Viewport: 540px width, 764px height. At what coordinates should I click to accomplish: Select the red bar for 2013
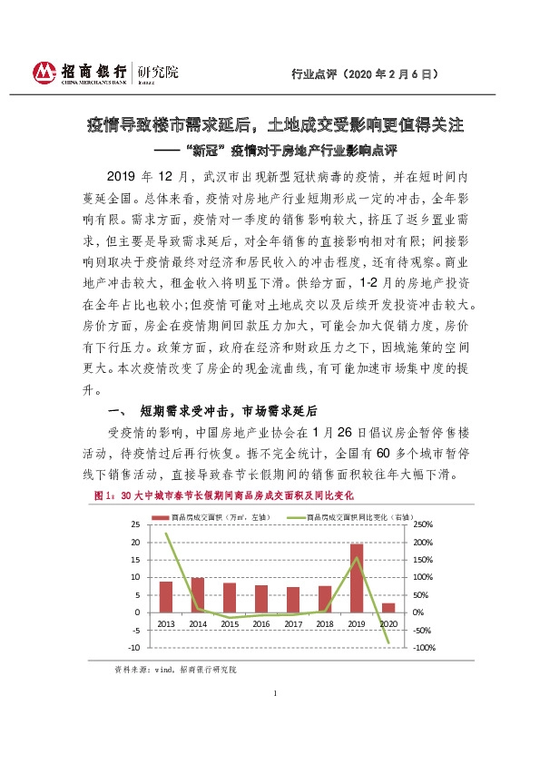coord(166,596)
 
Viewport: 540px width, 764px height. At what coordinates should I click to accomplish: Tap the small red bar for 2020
coord(388,607)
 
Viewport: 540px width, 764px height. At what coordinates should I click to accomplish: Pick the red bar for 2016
coord(261,598)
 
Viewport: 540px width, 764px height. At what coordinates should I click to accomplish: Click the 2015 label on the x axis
coord(230,624)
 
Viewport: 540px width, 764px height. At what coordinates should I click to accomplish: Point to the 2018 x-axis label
coord(325,624)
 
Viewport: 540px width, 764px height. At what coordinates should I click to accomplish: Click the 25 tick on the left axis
coord(136,525)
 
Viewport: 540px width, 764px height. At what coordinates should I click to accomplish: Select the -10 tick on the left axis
coord(134,648)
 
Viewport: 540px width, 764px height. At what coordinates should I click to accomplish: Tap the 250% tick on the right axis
coord(426,525)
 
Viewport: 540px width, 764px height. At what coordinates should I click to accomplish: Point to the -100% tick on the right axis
coord(426,648)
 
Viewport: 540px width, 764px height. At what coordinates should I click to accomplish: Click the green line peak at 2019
coord(357,557)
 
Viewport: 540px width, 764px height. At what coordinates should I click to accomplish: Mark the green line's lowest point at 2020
coord(388,643)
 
